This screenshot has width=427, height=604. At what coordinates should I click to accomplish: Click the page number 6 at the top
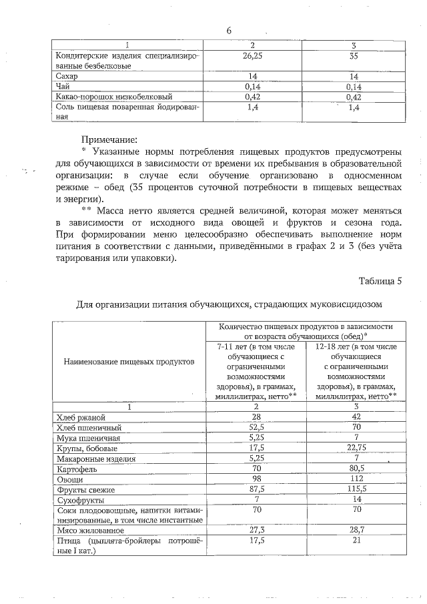click(x=228, y=31)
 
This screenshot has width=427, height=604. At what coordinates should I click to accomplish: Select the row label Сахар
click(x=66, y=77)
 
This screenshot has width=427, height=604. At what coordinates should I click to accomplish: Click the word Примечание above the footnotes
click(x=108, y=140)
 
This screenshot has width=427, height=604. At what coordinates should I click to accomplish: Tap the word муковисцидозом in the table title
click(x=342, y=305)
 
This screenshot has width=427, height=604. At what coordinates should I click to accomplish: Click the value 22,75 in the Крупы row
click(x=354, y=448)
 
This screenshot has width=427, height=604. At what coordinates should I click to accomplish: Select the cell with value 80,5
click(x=354, y=469)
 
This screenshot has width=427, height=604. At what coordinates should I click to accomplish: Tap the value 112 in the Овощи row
click(x=354, y=479)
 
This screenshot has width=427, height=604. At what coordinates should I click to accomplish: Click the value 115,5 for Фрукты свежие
click(x=354, y=489)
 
